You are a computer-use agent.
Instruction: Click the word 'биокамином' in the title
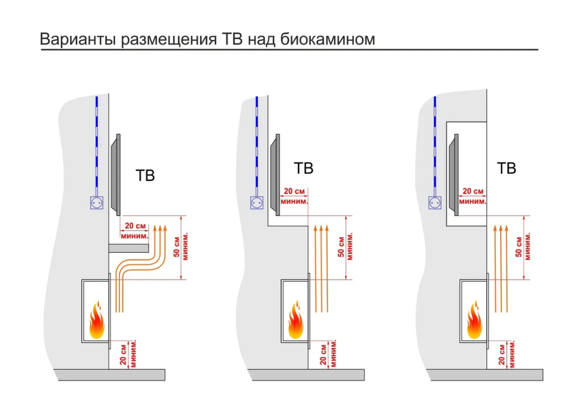[328, 39]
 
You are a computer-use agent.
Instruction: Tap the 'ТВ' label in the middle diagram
[304, 168]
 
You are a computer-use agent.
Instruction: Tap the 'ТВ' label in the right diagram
[506, 169]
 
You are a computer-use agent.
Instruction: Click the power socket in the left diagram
[97, 203]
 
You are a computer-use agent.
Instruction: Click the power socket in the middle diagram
[257, 203]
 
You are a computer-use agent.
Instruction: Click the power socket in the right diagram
[435, 203]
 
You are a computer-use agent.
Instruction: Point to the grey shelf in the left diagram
[129, 248]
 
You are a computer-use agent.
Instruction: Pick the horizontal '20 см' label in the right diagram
[473, 191]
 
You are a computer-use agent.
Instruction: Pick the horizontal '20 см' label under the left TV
[135, 226]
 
